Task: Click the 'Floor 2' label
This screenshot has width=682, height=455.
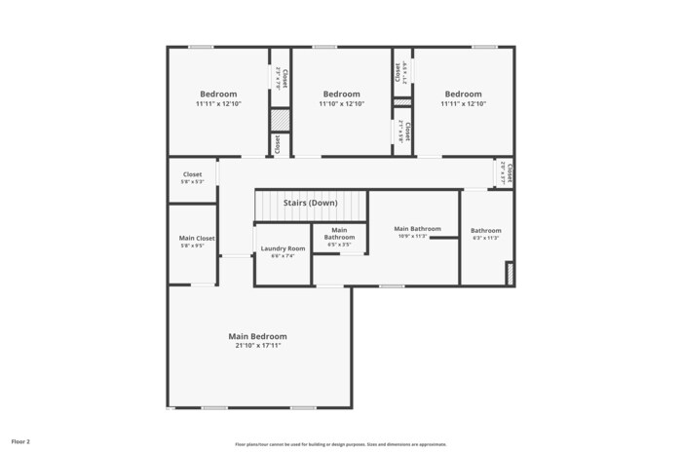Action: click(20, 441)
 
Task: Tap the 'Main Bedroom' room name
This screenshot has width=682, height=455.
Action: click(257, 336)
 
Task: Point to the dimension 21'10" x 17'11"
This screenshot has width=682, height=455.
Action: click(257, 346)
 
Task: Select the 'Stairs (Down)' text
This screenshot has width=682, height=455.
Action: click(310, 203)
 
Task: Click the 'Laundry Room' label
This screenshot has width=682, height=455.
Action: click(283, 248)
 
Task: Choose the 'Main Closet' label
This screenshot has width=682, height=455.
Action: click(197, 238)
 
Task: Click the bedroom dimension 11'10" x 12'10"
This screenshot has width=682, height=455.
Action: click(341, 104)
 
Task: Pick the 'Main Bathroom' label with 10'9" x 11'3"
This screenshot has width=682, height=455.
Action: click(417, 228)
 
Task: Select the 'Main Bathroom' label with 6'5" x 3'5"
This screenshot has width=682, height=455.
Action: click(339, 234)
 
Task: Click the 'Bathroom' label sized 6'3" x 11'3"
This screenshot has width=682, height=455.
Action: click(485, 231)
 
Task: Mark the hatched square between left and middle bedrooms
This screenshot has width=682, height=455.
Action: click(280, 119)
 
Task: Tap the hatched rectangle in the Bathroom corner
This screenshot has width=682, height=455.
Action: click(509, 274)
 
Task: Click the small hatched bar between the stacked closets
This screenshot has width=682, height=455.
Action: click(402, 101)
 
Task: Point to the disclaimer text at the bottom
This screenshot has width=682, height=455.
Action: click(341, 443)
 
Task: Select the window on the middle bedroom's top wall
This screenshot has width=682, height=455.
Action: click(324, 47)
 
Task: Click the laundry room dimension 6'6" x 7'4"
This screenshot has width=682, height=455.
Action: click(283, 256)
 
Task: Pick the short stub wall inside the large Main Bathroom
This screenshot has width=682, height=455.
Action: click(443, 237)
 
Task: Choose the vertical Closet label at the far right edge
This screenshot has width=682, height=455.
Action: click(508, 173)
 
